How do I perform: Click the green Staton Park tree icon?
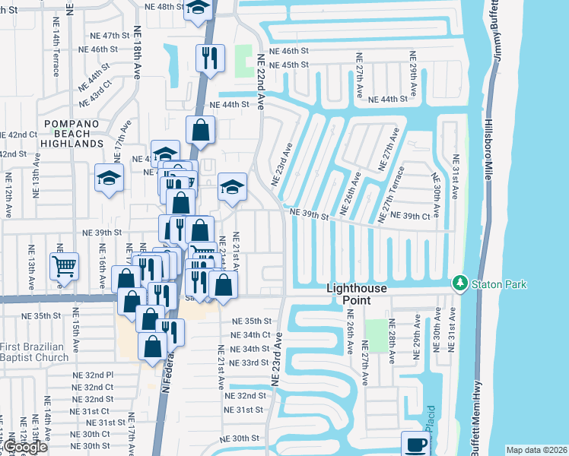(459, 283)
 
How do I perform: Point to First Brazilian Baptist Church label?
(45, 352)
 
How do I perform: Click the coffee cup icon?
(415, 444)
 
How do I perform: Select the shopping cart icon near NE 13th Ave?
(64, 266)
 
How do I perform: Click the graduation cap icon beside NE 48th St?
(198, 9)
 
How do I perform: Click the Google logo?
(25, 447)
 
